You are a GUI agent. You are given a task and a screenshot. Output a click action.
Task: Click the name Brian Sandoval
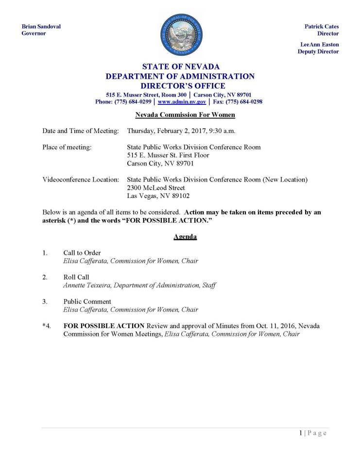point(41,26)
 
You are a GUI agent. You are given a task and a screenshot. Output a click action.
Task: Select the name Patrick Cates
point(322,26)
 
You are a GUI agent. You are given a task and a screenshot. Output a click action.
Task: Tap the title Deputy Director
point(318,51)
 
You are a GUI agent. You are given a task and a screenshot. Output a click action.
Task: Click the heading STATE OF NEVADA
point(181,67)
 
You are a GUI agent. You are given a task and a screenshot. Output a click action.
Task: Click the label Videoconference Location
point(81,180)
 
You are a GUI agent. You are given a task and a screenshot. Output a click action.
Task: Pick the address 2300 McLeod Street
point(155,188)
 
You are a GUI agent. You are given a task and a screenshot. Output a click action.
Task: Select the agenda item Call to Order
point(82,253)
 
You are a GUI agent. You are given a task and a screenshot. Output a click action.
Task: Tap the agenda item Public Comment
point(87,301)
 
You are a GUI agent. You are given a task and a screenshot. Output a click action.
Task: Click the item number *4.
point(47,326)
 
